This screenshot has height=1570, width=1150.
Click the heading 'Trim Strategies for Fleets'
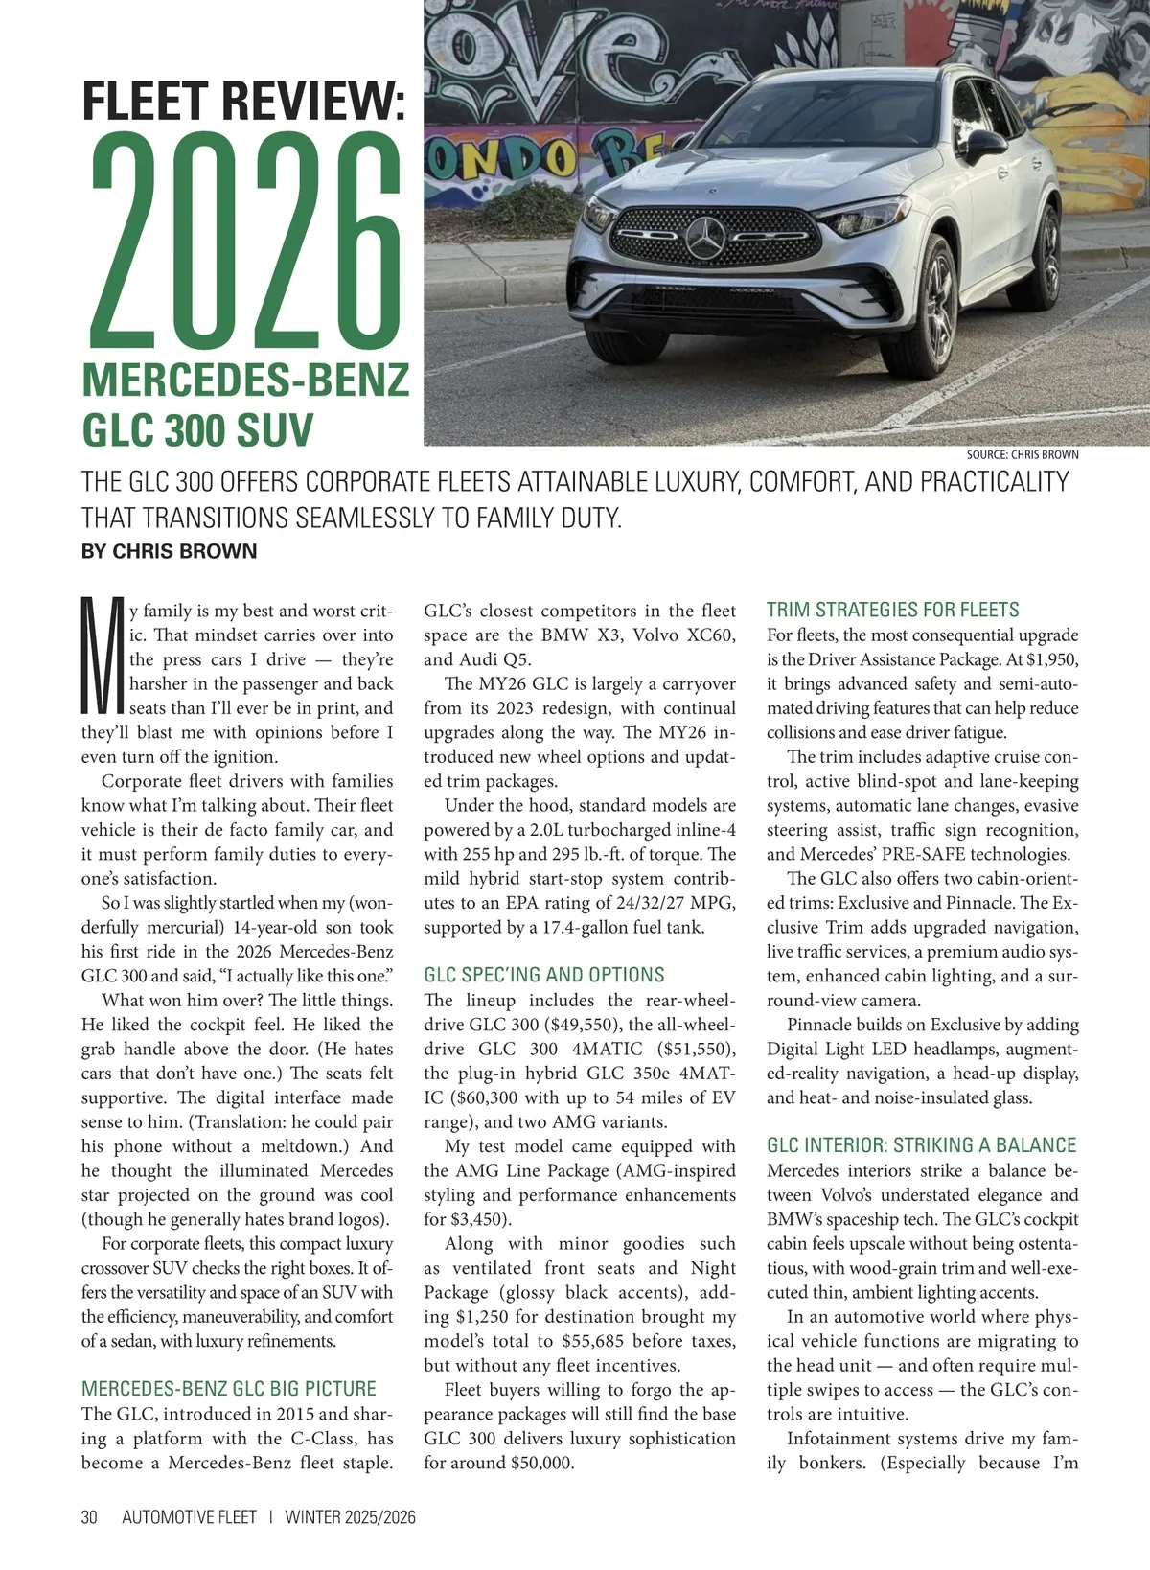pyautogui.click(x=892, y=610)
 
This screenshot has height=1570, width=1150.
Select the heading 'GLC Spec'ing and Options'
pyautogui.click(x=543, y=975)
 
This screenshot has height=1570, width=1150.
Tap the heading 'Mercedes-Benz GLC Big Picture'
pyautogui.click(x=228, y=1389)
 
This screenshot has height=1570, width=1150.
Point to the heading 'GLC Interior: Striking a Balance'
pyautogui.click(x=921, y=1145)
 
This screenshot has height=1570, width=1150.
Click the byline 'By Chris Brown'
pyautogui.click(x=170, y=551)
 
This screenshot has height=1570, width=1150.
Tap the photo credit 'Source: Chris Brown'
pyautogui.click(x=1022, y=454)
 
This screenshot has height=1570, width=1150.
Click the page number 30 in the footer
pyautogui.click(x=90, y=1517)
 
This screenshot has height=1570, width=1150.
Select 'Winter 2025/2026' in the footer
pyautogui.click(x=350, y=1517)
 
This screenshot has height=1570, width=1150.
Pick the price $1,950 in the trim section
pyautogui.click(x=1051, y=659)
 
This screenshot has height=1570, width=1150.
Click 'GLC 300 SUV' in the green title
pyautogui.click(x=198, y=429)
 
